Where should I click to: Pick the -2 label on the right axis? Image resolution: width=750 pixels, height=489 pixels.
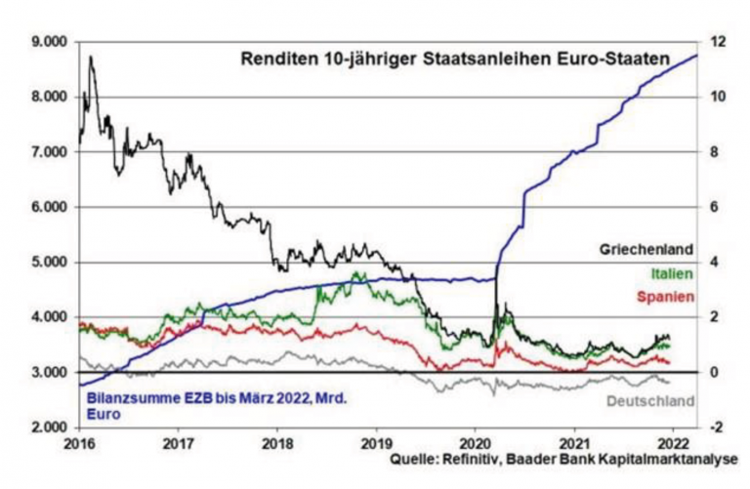tap(718, 428)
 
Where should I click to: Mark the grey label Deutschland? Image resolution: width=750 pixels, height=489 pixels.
tap(650, 401)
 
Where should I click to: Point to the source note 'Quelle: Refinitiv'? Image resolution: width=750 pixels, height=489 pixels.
tap(453, 458)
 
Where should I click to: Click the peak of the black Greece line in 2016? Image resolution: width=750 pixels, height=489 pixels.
tap(90, 58)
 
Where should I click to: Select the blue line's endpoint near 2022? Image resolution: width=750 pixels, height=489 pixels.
tap(696, 56)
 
